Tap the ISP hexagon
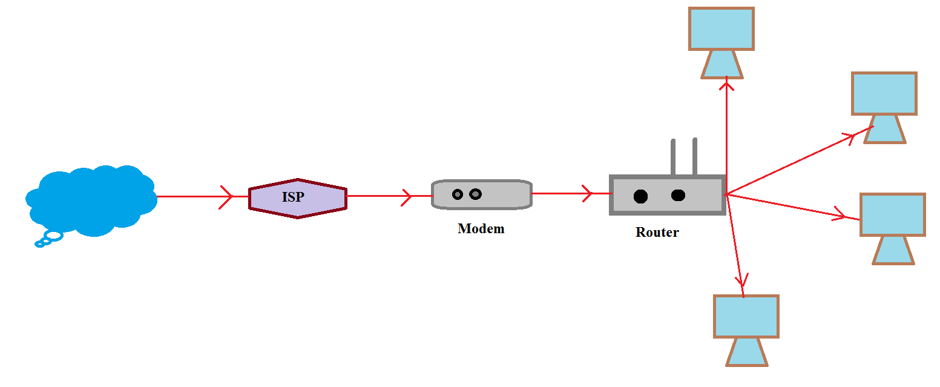tap(297, 198)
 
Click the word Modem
tap(481, 229)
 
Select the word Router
tap(657, 232)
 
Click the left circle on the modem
tap(458, 194)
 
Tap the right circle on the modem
tap(476, 194)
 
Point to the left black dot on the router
tap(640, 196)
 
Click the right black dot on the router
tap(678, 195)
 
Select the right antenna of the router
tap(695, 156)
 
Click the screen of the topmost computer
tap(721, 28)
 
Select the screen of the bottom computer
tap(746, 316)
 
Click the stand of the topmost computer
tap(721, 64)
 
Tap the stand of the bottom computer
tap(746, 352)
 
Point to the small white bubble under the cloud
tap(54, 235)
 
